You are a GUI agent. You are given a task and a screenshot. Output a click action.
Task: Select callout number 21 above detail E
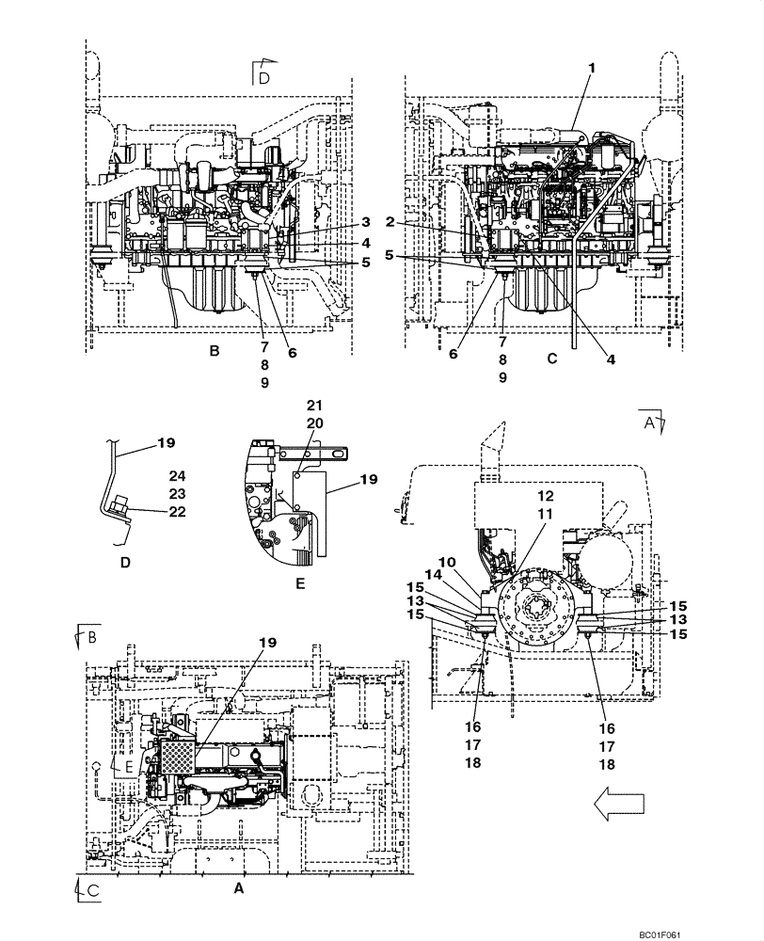point(313,404)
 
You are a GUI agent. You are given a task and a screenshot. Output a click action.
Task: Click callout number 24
point(177,475)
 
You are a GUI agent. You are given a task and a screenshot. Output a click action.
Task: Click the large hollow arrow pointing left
point(617,802)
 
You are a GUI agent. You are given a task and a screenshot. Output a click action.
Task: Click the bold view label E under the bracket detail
point(299,583)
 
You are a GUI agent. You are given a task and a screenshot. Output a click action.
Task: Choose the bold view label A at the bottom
point(238,886)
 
